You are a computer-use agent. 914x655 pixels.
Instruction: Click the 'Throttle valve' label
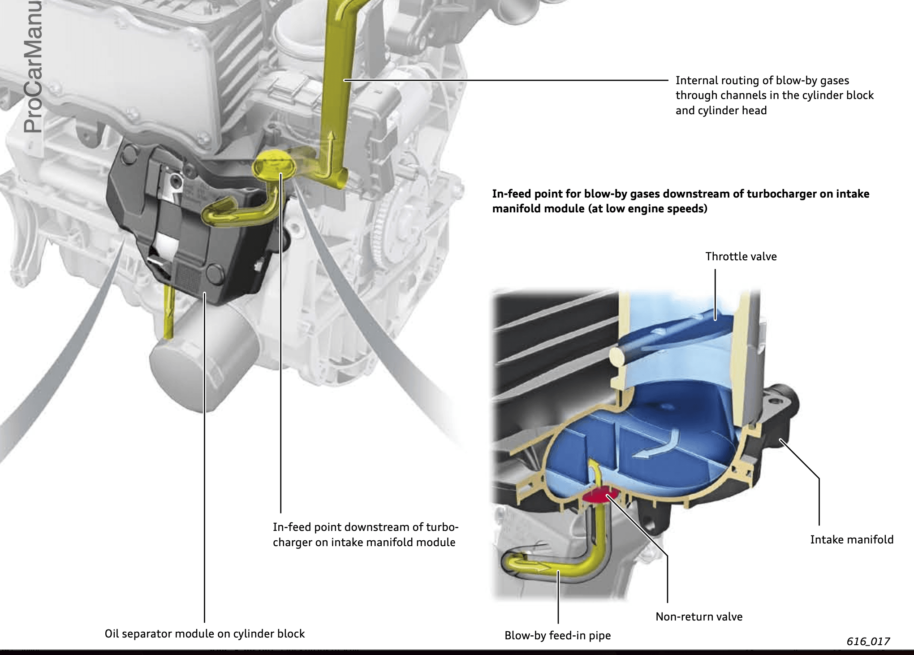[x=741, y=257]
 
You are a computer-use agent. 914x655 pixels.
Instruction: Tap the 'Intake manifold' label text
[x=851, y=539]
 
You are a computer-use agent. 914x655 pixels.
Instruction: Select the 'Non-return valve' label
[x=698, y=616]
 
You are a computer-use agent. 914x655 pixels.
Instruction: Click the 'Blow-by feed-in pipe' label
[x=557, y=635]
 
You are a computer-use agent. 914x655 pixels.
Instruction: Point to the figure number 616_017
[x=868, y=641]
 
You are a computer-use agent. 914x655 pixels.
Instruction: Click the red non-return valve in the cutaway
[x=600, y=496]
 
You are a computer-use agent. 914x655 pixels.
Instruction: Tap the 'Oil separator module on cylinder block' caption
[x=204, y=633]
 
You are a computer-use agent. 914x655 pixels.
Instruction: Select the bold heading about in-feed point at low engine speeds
[x=680, y=201]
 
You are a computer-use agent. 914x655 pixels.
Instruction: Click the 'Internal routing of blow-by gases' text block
[x=774, y=95]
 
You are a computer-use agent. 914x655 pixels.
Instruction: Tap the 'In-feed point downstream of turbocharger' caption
[x=365, y=534]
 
